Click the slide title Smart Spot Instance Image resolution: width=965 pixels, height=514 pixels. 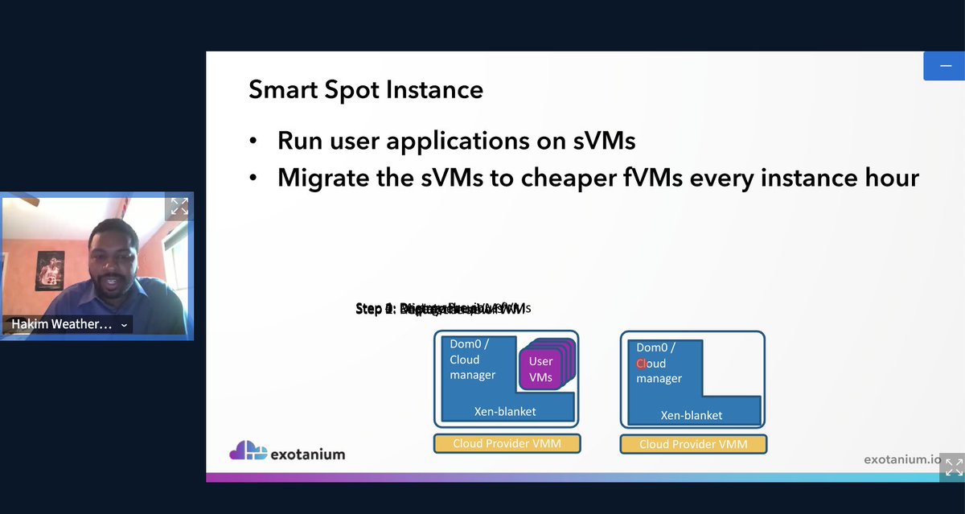tap(365, 89)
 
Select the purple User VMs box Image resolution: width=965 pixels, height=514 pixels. tap(540, 369)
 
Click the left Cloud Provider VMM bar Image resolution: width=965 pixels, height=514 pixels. tap(507, 443)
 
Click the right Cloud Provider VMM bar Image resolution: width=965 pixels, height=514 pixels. tap(693, 444)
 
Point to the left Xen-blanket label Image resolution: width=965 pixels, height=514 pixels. tap(504, 411)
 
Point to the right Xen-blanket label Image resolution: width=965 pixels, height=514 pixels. tap(691, 415)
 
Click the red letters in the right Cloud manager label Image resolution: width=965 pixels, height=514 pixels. tap(641, 364)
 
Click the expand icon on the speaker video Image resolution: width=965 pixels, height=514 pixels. tap(179, 207)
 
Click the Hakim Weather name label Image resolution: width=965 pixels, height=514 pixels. tap(61, 324)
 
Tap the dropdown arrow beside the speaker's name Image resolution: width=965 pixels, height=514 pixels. tap(123, 325)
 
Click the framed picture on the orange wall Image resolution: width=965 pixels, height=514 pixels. tap(50, 271)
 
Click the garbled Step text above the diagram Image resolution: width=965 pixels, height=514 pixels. tap(441, 308)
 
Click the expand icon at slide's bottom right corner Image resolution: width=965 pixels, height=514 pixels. tap(953, 467)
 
